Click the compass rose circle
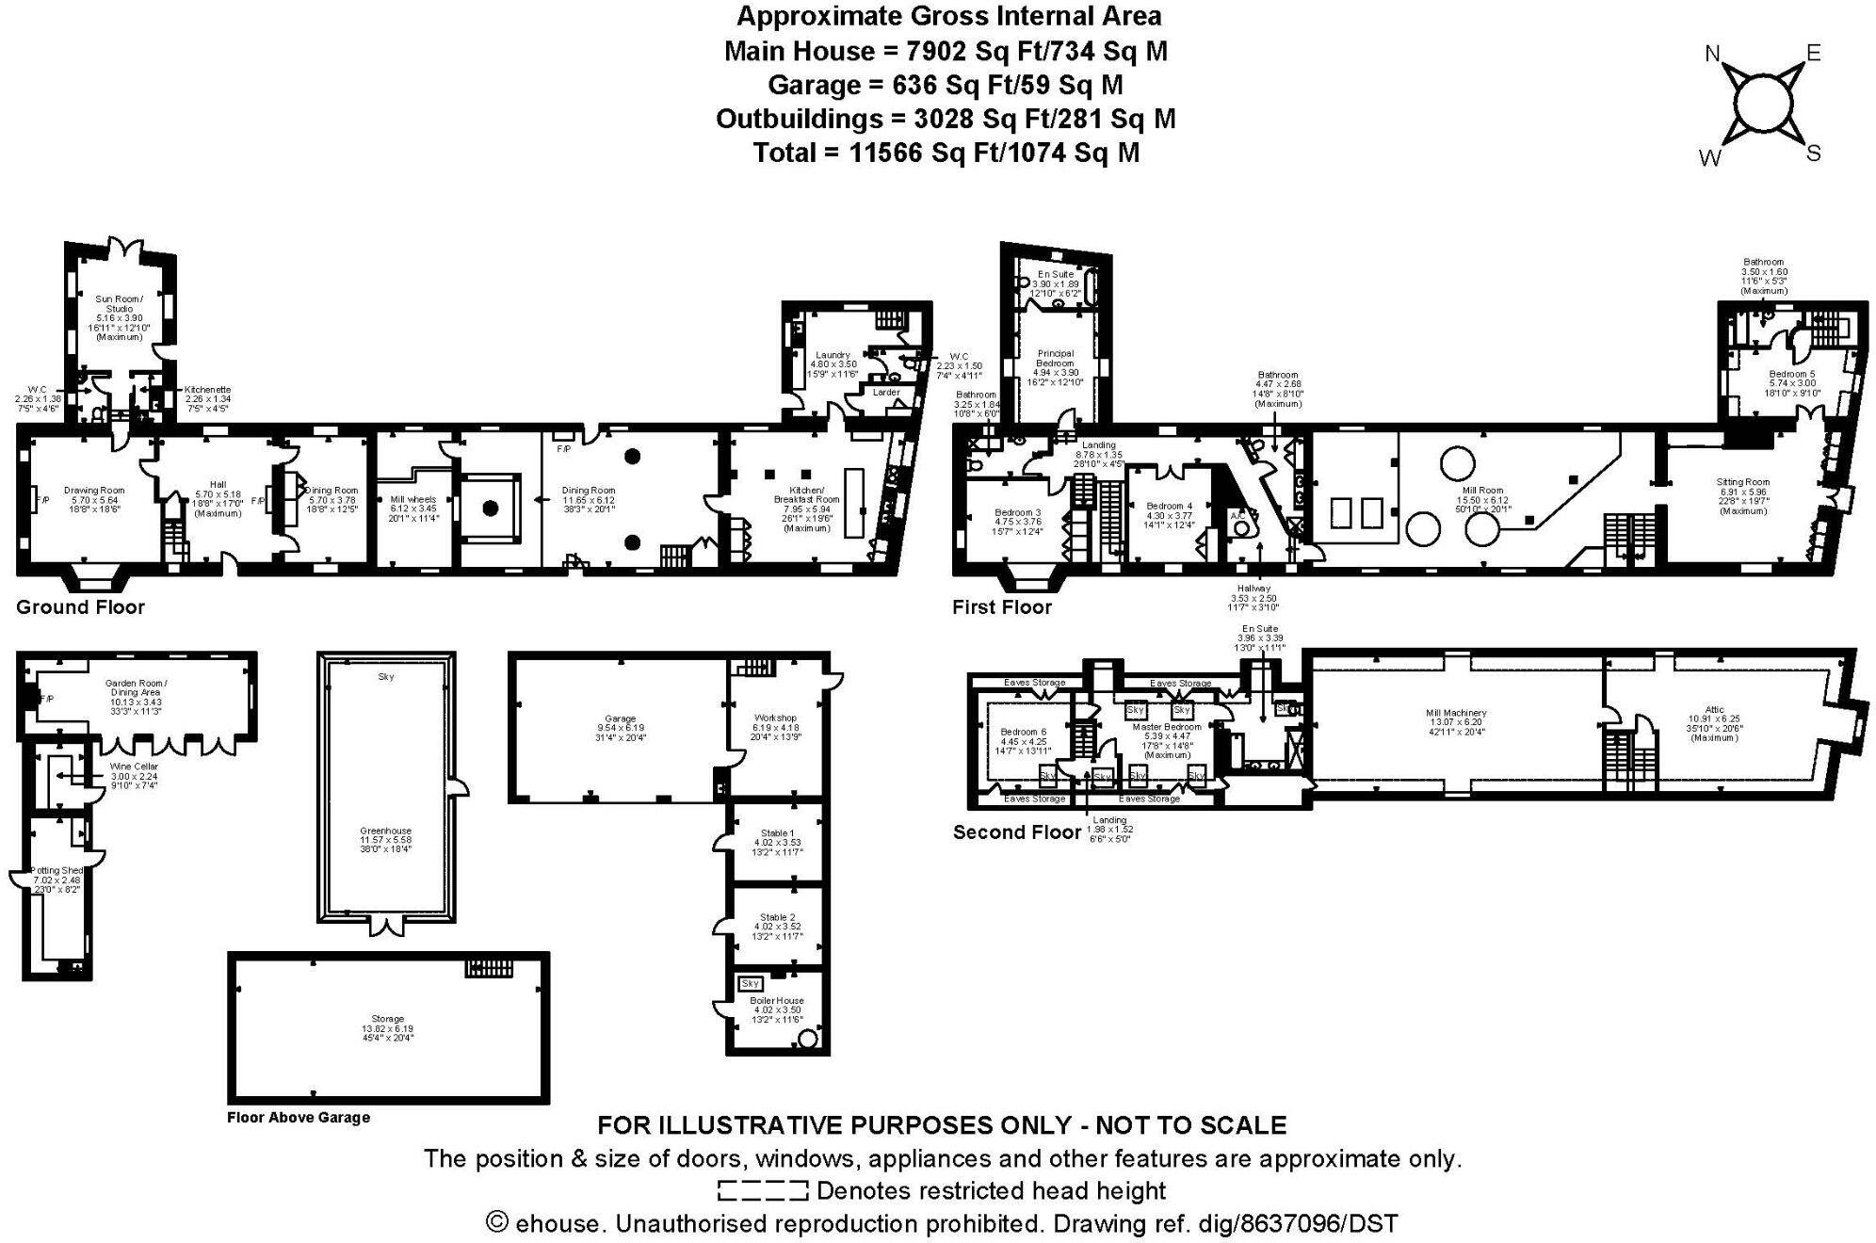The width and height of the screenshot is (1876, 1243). [x=1761, y=104]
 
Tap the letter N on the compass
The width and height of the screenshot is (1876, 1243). [x=1713, y=54]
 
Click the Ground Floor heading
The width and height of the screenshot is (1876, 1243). [x=80, y=607]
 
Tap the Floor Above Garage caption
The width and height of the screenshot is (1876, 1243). [x=299, y=1118]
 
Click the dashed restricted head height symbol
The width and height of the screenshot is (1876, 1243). [x=763, y=1191]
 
